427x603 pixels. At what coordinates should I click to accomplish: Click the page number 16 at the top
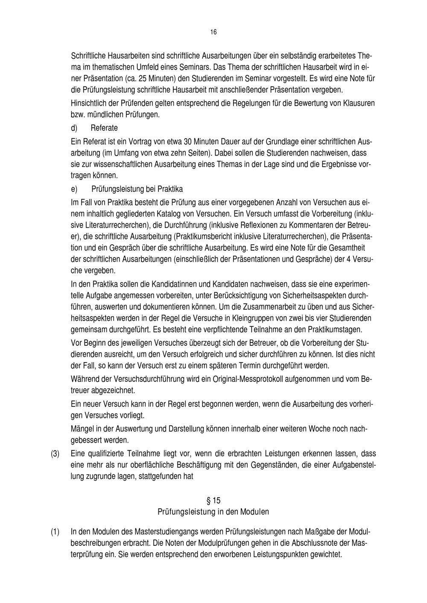(x=213, y=32)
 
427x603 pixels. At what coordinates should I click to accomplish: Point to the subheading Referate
(x=104, y=128)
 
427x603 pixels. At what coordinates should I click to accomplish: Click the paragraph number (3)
(x=55, y=454)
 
